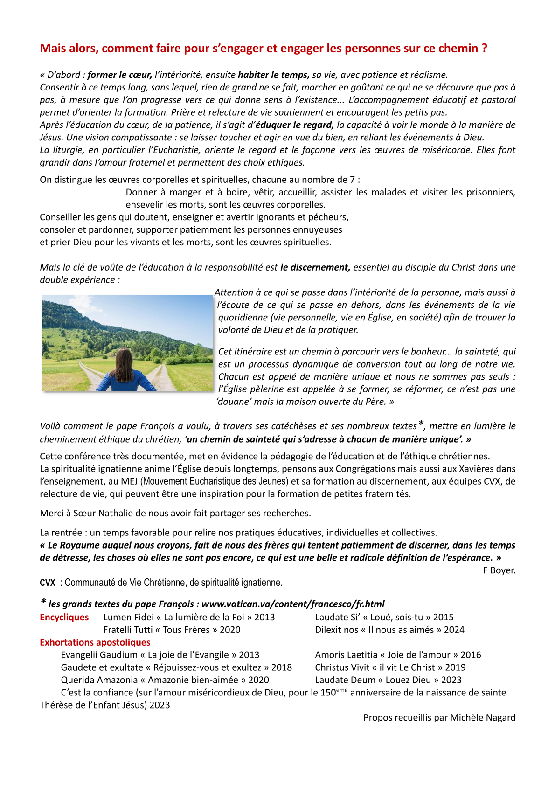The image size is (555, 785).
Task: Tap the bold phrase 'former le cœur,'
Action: click(x=119, y=75)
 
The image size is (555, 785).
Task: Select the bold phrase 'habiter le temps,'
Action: click(x=273, y=75)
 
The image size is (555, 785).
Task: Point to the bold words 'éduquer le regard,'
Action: click(x=295, y=125)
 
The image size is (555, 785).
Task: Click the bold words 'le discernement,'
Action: click(x=315, y=267)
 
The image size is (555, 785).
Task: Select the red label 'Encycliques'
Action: click(x=64, y=618)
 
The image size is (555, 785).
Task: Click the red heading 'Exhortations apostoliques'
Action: click(x=95, y=642)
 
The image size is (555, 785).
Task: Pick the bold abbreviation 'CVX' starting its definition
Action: click(x=48, y=583)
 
